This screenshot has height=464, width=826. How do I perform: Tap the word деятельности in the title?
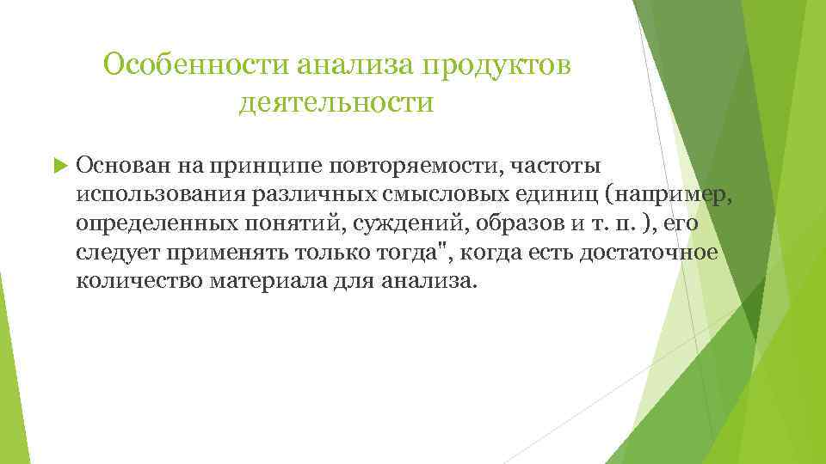click(336, 104)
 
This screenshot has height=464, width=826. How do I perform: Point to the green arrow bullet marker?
click(59, 165)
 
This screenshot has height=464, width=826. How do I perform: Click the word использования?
click(160, 194)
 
